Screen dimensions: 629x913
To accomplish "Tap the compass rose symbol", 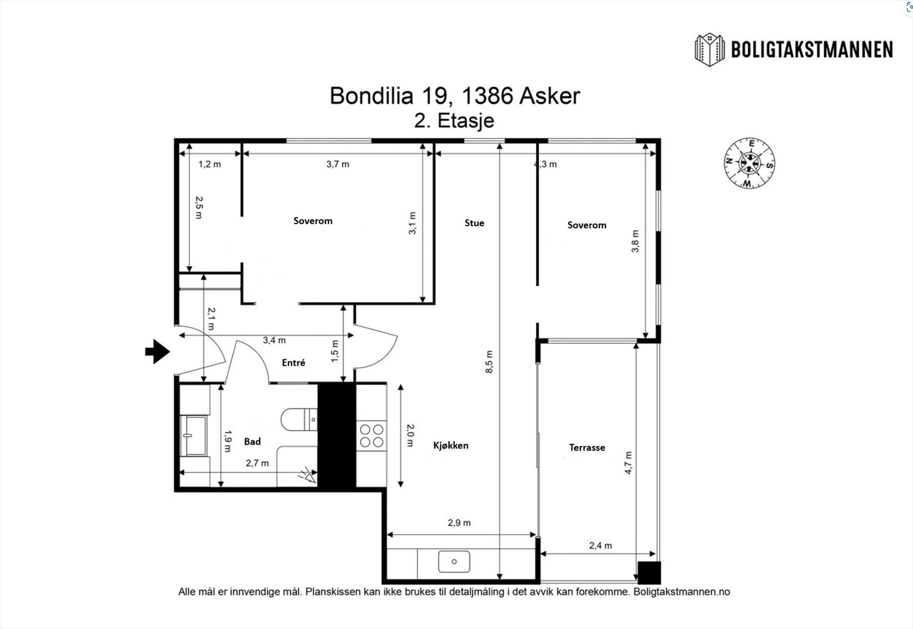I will pos(749,163).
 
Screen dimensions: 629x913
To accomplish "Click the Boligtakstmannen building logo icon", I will pos(709,50).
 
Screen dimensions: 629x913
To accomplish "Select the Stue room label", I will pos(474,223).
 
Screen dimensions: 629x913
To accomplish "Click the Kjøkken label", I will pos(451,445).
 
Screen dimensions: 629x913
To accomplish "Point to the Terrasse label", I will pos(587,447).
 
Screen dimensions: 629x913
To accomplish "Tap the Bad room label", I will pos(252,441).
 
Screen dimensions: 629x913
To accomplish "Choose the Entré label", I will pos(293,362).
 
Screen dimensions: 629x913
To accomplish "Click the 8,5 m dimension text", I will pos(489,362).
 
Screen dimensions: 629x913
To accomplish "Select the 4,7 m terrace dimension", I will pos(628,463).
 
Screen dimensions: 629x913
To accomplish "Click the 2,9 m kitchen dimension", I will pos(459,523).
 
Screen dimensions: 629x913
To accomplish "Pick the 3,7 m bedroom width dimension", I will pos(338,164).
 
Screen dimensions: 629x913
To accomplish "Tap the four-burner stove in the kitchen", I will pos(371,436).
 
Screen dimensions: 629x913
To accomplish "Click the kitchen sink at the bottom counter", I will pos(454,562).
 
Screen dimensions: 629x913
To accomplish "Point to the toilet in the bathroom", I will pos(298,419).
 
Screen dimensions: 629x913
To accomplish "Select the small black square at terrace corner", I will pos(649,572).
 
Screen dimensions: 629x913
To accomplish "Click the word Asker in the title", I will pos(549,96).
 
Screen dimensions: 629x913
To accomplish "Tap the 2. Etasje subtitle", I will pos(454,121).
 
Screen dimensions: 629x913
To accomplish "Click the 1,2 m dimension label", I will pos(209,164).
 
